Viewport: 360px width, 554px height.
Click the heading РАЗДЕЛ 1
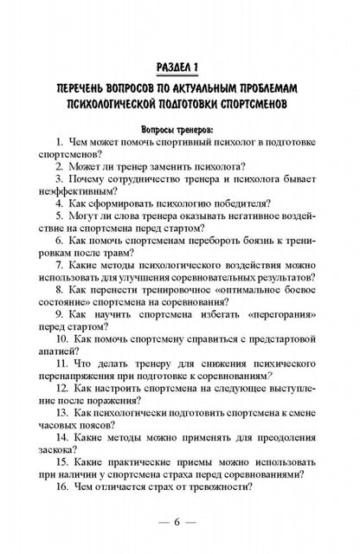180,66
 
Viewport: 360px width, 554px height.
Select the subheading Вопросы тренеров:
179,127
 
